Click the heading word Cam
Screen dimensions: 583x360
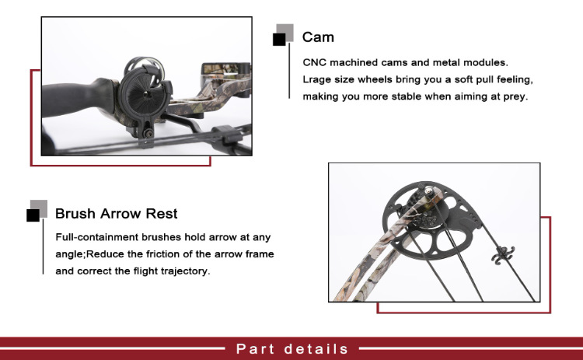(318, 37)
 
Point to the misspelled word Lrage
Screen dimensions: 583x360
(316, 79)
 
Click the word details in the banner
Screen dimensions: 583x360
(316, 349)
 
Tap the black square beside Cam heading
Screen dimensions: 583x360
(279, 40)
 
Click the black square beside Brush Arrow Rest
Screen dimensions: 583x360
(33, 215)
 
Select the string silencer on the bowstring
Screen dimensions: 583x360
(503, 256)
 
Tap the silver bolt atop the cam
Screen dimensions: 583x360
(428, 191)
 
